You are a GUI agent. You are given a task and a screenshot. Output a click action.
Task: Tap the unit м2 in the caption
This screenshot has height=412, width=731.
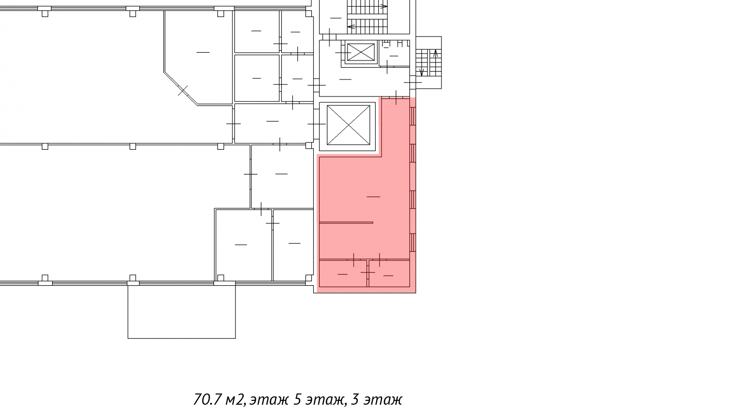tap(235, 400)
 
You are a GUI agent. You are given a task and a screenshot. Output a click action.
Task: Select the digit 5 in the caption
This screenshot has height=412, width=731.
tap(298, 400)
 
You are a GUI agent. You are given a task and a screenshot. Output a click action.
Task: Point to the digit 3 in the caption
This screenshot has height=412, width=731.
tap(355, 400)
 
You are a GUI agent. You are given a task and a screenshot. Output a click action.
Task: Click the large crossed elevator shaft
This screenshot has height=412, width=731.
tap(348, 125)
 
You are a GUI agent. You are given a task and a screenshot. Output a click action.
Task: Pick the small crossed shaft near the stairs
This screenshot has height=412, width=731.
tap(361, 52)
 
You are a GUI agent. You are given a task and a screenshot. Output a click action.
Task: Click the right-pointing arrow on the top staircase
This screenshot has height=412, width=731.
tap(384, 6)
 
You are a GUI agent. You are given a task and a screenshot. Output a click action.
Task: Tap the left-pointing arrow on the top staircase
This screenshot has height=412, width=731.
tap(351, 27)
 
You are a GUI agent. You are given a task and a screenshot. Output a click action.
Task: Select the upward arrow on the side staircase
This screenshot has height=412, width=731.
tap(435, 53)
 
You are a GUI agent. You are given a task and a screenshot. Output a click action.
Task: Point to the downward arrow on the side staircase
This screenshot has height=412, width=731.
tap(422, 72)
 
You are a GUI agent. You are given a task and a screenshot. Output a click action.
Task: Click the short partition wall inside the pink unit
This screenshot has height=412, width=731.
tap(346, 223)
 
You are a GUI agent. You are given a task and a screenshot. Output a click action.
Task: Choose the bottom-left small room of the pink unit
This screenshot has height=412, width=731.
tap(343, 274)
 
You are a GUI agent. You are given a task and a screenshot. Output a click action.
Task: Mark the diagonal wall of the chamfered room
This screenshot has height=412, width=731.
tap(180, 88)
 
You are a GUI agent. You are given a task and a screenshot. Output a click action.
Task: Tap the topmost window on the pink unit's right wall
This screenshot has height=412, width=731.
tap(412, 116)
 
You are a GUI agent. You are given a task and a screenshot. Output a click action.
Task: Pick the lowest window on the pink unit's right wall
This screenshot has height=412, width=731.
tap(412, 242)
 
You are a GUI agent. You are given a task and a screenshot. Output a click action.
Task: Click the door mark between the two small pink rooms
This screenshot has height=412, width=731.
tap(368, 272)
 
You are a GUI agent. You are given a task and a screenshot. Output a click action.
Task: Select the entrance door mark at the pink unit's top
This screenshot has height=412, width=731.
tap(396, 98)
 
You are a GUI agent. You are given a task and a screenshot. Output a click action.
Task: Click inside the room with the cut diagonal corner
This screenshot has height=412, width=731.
tap(202, 52)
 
